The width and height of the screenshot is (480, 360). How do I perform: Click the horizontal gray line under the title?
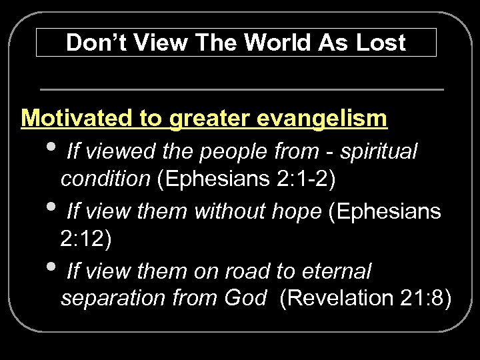click(241, 89)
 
